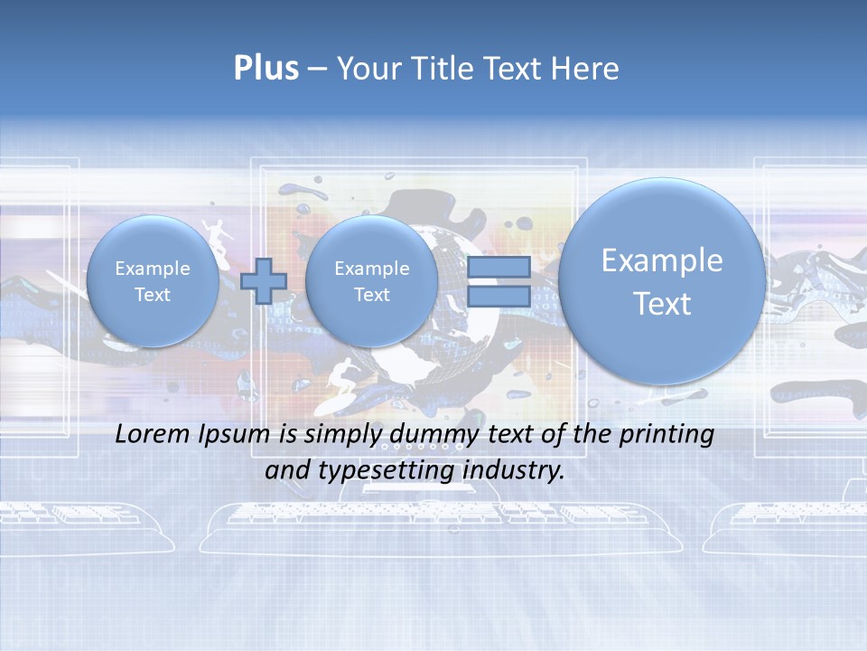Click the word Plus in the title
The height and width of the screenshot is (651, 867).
266,69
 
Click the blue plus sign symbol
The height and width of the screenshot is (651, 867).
264,281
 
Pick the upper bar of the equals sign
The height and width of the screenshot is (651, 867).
499,267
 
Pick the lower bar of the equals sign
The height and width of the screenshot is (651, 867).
499,296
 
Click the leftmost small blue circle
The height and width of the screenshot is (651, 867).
153,281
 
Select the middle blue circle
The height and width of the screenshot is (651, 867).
371,281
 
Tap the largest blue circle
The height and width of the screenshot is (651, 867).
662,280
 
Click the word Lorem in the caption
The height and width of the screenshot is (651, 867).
154,434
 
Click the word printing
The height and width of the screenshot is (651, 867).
666,435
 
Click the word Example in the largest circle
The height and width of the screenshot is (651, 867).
662,260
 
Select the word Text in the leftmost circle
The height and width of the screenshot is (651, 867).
153,295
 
